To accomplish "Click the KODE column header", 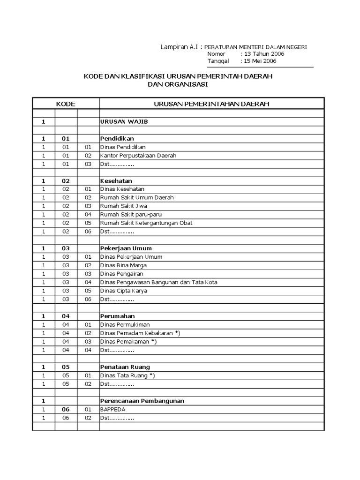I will pos(66,104).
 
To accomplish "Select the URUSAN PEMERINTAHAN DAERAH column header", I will pos(211,104).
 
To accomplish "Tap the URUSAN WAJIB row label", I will pos(118,122).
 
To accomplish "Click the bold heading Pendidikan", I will pos(117,139).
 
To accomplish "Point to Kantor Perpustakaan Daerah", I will pos(138,156).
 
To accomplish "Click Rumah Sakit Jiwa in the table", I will pos(120,206).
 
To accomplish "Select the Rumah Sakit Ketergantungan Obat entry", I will pos(146,223).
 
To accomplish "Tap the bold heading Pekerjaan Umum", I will pos(126,248).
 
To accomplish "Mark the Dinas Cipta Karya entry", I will pos(124,291).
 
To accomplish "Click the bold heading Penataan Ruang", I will pos(125,367).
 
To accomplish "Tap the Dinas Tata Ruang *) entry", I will pos(127,375).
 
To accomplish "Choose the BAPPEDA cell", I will pos(113,409).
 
